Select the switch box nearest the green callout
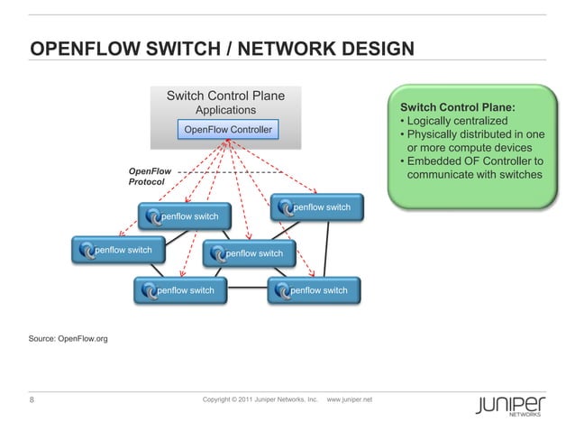click(x=318, y=207)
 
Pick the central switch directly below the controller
click(x=250, y=253)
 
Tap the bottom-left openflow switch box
click(x=180, y=290)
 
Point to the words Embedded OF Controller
click(x=470, y=160)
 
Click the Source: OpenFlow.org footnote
click(x=68, y=338)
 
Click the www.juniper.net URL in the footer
click(x=355, y=399)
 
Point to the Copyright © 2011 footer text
click(x=260, y=399)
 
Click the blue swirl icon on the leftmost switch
click(x=87, y=251)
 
